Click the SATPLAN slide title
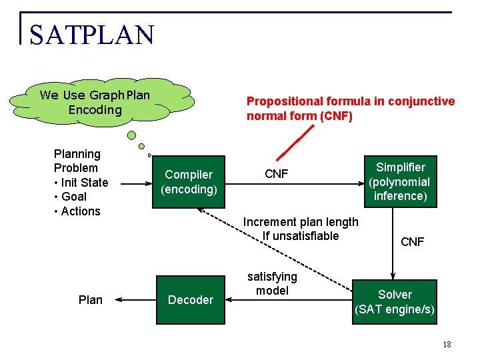pos(91,35)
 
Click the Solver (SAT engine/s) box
pos(395,301)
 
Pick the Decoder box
pos(190,300)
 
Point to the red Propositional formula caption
pos(351,109)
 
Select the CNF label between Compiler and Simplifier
pos(277,174)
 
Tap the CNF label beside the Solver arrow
pos(412,242)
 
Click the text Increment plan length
pos(301,222)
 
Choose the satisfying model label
pos(272,283)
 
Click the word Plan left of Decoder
pos(91,300)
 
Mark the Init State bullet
pos(81,183)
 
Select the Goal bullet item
pos(70,197)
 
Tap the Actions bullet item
pos(77,211)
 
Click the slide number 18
pos(447,345)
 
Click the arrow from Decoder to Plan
pos(136,300)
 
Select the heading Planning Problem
pos(77,161)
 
